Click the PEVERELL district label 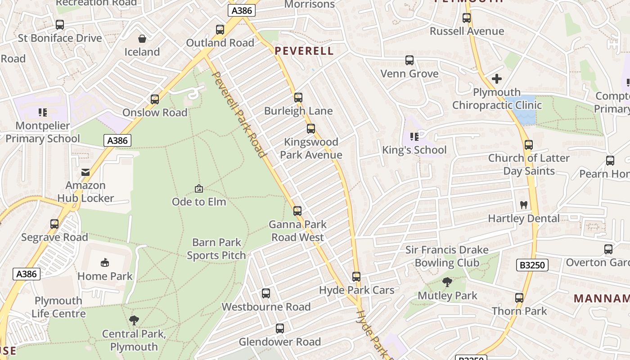(x=304, y=51)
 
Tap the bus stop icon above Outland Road (x=220, y=30)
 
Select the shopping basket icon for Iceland (x=142, y=39)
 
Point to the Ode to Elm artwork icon (x=198, y=189)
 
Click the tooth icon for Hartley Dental (x=523, y=205)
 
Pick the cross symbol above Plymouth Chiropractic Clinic (x=497, y=79)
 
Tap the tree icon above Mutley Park (x=447, y=282)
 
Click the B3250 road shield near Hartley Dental (x=532, y=265)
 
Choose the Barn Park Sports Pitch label (x=216, y=249)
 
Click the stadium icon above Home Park (x=105, y=262)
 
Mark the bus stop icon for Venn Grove (x=409, y=60)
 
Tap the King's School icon (x=414, y=136)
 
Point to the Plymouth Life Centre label (x=58, y=307)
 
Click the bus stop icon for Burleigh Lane (x=298, y=97)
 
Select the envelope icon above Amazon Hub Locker (x=85, y=172)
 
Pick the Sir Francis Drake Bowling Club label (x=447, y=256)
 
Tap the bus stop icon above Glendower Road (x=280, y=328)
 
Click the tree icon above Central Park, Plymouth (x=134, y=320)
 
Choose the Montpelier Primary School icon (x=43, y=112)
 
